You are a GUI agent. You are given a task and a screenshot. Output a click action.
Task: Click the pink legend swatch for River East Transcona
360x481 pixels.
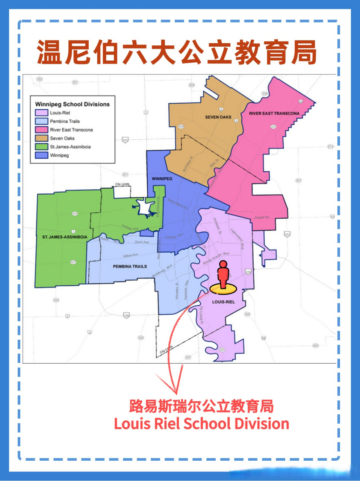(x=41, y=130)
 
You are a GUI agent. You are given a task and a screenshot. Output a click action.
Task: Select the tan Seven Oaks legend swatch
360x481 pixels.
(x=41, y=138)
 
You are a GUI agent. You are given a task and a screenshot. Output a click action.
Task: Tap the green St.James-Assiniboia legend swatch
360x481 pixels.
(x=41, y=147)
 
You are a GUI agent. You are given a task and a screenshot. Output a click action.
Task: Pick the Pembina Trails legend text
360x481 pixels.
(x=65, y=121)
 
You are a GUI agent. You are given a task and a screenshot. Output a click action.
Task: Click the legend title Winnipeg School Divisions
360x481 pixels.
(x=72, y=104)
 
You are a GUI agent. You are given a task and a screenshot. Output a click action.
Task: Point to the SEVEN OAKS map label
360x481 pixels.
(x=218, y=117)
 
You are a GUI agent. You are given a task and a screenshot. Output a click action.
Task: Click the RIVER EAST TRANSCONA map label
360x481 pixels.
(x=274, y=113)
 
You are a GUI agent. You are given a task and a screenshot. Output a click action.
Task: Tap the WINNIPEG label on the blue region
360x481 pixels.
(x=162, y=178)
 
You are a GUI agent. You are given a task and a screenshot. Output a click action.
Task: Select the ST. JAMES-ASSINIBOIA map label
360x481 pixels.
(x=65, y=237)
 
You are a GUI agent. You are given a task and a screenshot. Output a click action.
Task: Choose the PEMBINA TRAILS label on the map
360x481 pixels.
(x=130, y=266)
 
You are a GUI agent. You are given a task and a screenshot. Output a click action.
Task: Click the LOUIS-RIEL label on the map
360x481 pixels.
(x=223, y=302)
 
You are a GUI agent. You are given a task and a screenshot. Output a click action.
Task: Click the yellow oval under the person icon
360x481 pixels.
(x=223, y=289)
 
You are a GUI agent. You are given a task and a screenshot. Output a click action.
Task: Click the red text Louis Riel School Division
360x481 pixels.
(x=201, y=424)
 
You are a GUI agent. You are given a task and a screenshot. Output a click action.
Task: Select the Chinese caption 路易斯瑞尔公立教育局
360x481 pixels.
(x=201, y=406)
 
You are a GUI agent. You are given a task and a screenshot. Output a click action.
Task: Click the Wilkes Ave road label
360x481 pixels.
(x=130, y=256)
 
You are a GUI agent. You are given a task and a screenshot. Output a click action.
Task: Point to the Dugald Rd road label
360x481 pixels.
(x=262, y=217)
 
